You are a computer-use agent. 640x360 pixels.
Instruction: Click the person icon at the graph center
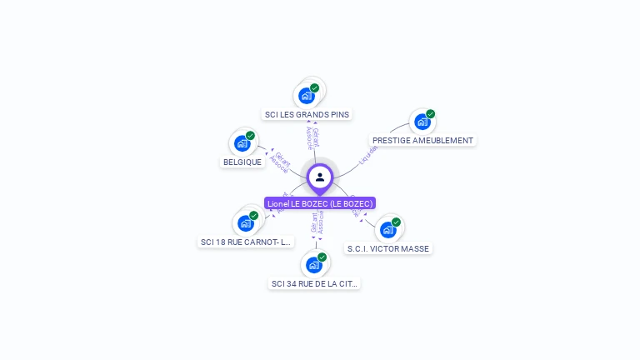[x=320, y=177]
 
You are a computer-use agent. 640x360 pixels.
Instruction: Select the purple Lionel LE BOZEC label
[x=320, y=203]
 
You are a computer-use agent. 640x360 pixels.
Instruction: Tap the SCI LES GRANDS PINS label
[x=307, y=114]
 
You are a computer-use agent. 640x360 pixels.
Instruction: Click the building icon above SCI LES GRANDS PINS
[x=307, y=95]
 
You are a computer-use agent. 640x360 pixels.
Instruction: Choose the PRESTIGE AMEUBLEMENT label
[x=422, y=141]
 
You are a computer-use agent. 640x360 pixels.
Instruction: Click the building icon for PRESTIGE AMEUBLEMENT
[x=422, y=122]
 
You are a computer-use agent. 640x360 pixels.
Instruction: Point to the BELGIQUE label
[x=242, y=162]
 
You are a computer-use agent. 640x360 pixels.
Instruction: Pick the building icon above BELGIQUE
[x=242, y=143]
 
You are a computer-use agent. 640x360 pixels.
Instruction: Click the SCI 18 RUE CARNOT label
[x=246, y=242]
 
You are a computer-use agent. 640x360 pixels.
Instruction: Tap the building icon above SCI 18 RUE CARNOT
[x=246, y=222]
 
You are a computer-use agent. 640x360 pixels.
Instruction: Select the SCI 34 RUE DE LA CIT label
[x=315, y=284]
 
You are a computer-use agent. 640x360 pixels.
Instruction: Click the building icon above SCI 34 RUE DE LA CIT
[x=314, y=264]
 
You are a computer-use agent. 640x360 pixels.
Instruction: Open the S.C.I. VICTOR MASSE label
[x=388, y=248]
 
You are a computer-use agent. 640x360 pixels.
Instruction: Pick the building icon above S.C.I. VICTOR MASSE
[x=387, y=229]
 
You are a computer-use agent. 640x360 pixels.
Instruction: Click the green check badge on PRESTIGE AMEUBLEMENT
[x=431, y=113]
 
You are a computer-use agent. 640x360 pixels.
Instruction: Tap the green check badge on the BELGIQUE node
[x=250, y=135]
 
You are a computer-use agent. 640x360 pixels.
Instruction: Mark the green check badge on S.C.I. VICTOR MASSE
[x=396, y=222]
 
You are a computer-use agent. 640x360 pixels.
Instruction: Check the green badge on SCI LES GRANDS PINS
[x=314, y=87]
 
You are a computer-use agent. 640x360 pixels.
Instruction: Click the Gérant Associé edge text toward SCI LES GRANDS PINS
[x=312, y=138]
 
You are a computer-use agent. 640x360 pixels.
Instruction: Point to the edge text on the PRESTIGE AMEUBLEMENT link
[x=367, y=153]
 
